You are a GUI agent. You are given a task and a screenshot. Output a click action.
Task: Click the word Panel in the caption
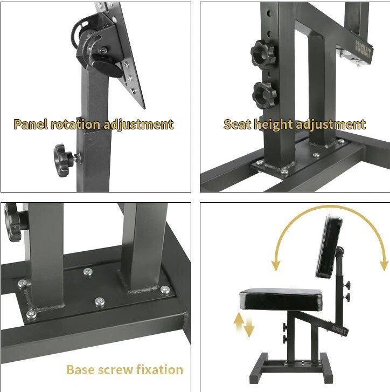31,124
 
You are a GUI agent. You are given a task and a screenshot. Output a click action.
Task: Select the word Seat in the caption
237,124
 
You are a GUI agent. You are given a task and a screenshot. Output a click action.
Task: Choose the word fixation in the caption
160,369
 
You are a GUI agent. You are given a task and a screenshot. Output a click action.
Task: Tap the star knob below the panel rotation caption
63,160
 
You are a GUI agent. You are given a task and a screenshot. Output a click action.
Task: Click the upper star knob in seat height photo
262,54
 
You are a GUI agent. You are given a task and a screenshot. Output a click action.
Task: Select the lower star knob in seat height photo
264,95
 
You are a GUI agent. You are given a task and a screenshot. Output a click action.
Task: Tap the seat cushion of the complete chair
281,299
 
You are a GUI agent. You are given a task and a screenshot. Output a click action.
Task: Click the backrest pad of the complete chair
329,246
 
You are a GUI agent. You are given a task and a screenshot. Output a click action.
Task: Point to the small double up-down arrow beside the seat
243,325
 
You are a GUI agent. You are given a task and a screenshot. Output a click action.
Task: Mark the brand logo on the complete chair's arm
339,330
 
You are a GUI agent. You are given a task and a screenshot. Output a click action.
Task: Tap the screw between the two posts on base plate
87,272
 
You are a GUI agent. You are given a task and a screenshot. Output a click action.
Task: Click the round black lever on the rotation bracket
108,66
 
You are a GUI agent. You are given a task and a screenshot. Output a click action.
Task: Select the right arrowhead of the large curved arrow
383,265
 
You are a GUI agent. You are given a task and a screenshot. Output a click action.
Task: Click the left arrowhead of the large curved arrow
276,265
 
